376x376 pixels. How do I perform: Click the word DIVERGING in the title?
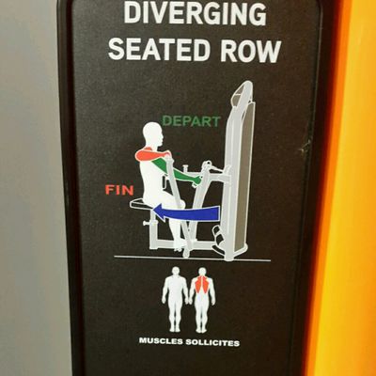(x=195, y=15)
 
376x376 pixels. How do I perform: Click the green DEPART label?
(x=191, y=121)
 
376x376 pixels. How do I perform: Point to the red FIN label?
(x=119, y=190)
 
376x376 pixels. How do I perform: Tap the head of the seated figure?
(x=154, y=134)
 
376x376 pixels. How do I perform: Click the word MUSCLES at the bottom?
(x=163, y=342)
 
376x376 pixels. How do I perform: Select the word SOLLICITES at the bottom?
(x=214, y=342)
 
